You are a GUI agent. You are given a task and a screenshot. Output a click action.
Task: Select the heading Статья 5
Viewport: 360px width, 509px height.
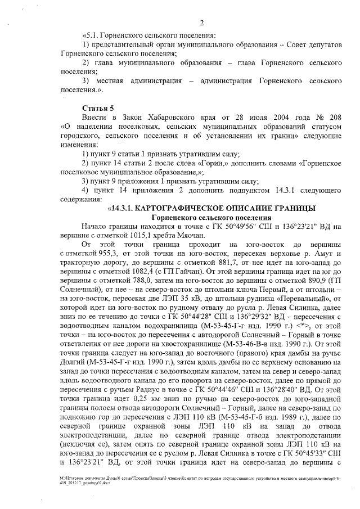pos(98,107)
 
